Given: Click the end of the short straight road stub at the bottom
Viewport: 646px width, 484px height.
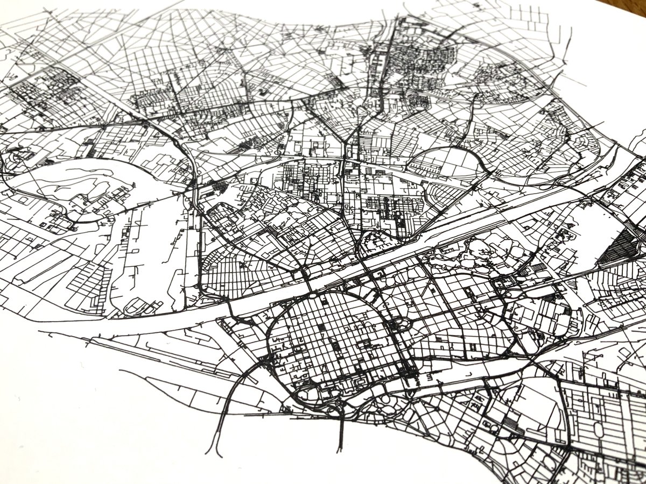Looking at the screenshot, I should click(340, 452).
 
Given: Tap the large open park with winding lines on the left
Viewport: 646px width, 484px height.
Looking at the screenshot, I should click(81, 188).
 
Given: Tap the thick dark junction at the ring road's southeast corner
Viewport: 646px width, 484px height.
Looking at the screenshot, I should click(409, 371).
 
